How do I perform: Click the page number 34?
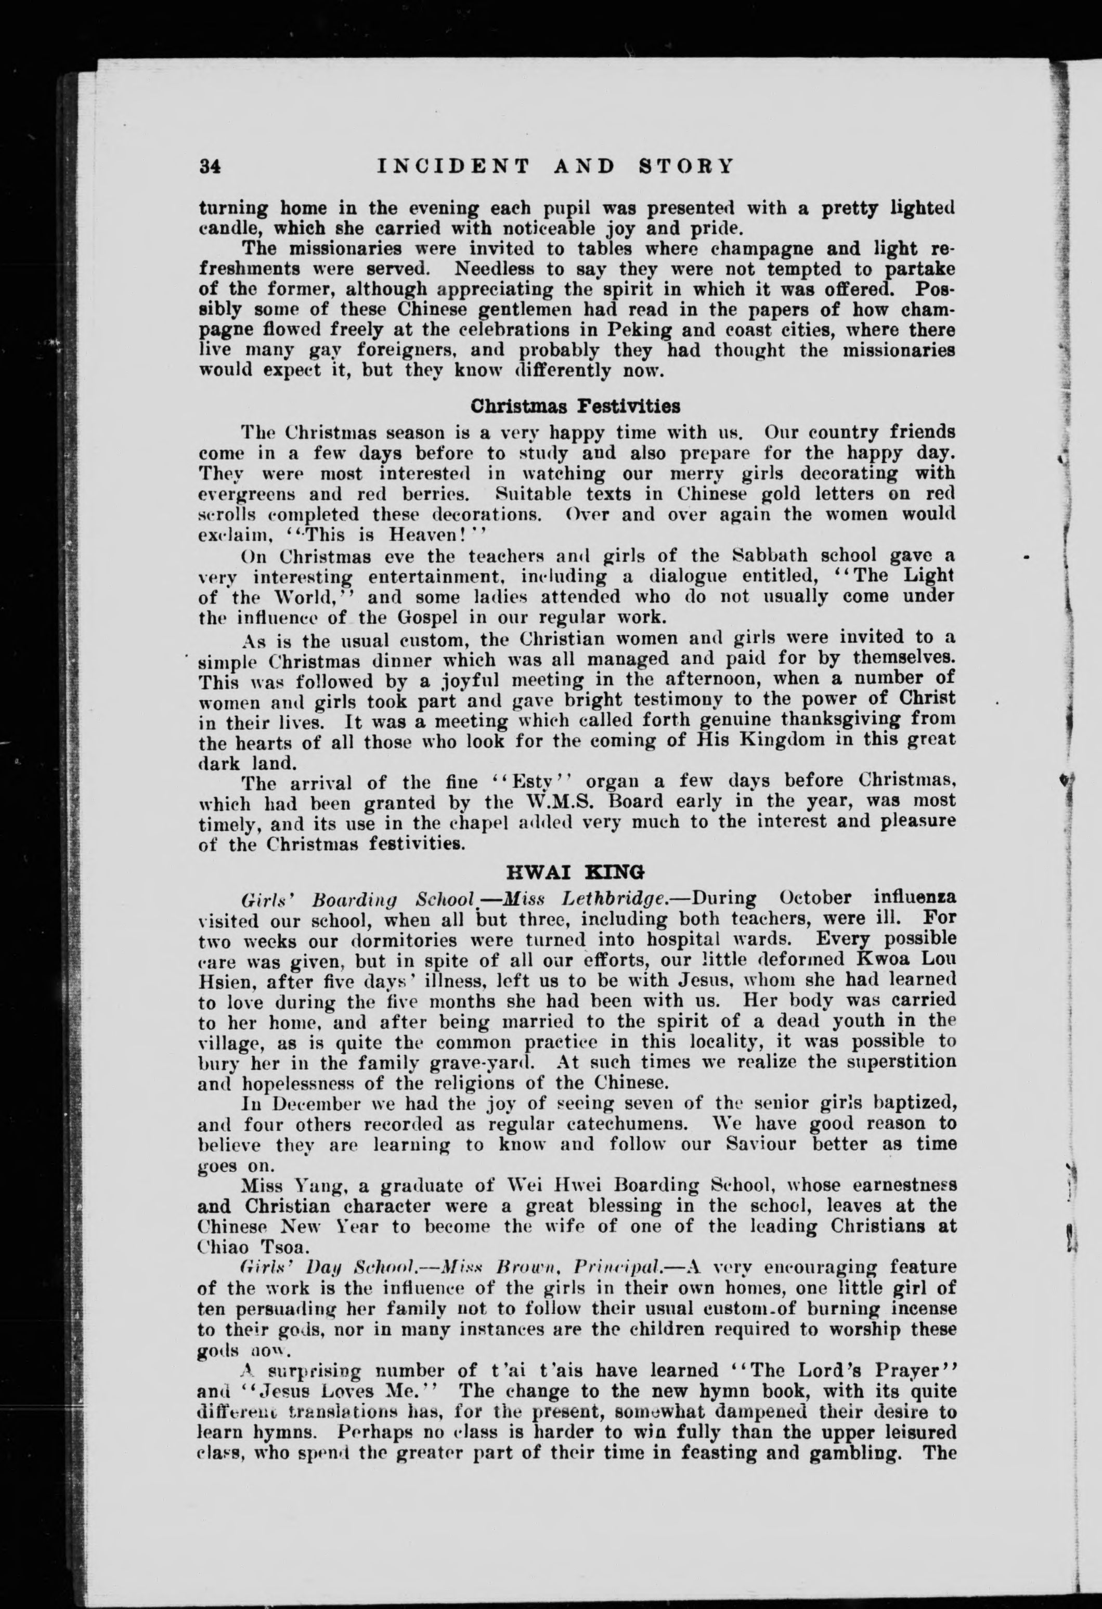pos(209,167)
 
